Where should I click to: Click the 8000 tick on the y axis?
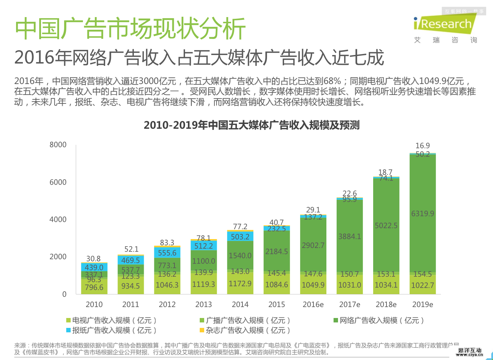click(58, 145)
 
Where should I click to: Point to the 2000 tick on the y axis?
click(58, 257)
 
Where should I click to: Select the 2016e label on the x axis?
click(313, 304)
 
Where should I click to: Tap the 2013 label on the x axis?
click(203, 304)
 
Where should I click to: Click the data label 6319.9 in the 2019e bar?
click(423, 214)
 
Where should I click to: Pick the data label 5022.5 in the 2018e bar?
click(386, 226)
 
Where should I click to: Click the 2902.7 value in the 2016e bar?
click(313, 246)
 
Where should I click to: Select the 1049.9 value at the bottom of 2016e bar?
click(313, 285)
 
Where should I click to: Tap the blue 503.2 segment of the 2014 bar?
click(240, 237)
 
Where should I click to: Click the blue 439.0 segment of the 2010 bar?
click(94, 267)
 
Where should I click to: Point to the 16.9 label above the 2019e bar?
click(423, 146)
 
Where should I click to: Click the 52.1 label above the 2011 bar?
click(131, 249)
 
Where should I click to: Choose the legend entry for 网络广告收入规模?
click(379, 320)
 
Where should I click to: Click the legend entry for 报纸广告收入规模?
click(111, 330)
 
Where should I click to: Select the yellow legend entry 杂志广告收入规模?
click(245, 330)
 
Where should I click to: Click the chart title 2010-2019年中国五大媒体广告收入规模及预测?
click(252, 125)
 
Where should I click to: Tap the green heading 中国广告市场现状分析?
click(130, 29)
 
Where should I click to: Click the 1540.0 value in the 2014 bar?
click(240, 256)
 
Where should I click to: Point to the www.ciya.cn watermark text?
click(469, 355)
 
